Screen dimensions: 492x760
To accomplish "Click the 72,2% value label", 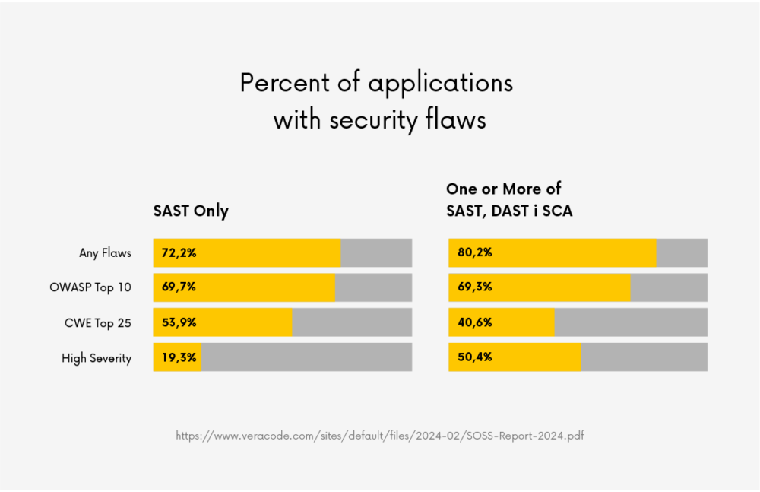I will tap(179, 252).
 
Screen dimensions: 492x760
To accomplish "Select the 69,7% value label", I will tap(179, 287).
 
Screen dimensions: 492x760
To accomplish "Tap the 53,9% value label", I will tap(179, 322).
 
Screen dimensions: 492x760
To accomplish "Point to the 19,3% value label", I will tap(179, 357).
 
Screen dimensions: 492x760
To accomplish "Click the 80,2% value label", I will tap(474, 252).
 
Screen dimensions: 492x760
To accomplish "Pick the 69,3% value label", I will tap(474, 287).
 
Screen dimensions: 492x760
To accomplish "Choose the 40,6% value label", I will tap(474, 322).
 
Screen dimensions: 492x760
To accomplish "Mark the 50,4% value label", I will tap(474, 357).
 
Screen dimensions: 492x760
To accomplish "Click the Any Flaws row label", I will tap(105, 252).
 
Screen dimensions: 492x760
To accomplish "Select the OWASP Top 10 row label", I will tap(90, 287).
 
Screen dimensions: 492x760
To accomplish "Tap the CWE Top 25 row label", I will tap(97, 323).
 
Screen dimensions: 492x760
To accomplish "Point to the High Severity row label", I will tap(97, 358).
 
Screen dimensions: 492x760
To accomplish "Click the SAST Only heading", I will tap(191, 211).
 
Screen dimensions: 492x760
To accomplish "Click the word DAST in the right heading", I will tap(508, 211).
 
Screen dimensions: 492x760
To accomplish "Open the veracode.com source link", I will tap(379, 436).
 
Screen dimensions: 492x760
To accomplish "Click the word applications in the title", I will tap(440, 83).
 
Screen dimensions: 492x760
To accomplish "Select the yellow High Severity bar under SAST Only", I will tap(177, 357).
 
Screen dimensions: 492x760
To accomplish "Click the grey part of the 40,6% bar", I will tap(631, 322).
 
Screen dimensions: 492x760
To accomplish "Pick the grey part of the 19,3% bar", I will tap(306, 357).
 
